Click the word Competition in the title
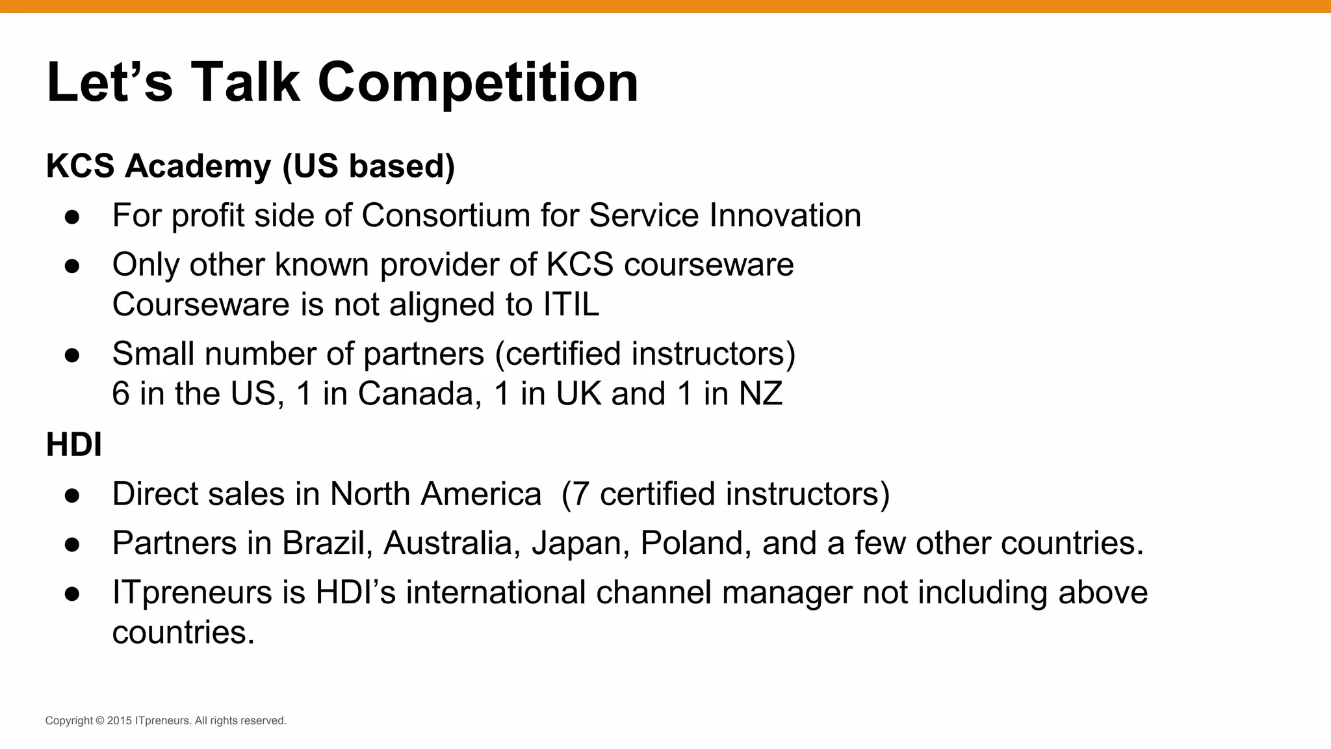pyautogui.click(x=478, y=83)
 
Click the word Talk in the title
pyautogui.click(x=245, y=83)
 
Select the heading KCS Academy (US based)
pyautogui.click(x=250, y=166)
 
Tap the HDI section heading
pyautogui.click(x=73, y=445)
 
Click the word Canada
pyautogui.click(x=419, y=394)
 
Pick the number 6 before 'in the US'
pyautogui.click(x=121, y=394)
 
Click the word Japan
pyautogui.click(x=580, y=543)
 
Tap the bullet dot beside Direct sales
pyautogui.click(x=72, y=495)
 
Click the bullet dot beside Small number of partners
pyautogui.click(x=72, y=355)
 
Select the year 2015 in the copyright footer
pyautogui.click(x=119, y=720)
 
